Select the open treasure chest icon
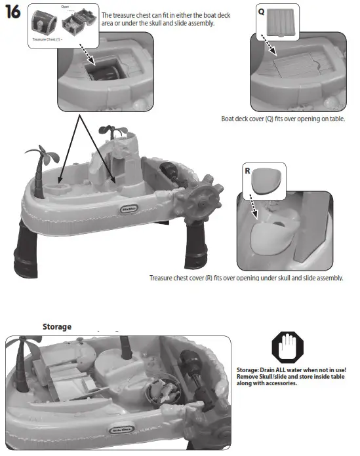[x=77, y=25]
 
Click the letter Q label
[x=261, y=11]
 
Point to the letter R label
[x=247, y=170]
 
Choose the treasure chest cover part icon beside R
[x=269, y=179]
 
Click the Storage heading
[x=56, y=326]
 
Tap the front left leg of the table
[x=26, y=249]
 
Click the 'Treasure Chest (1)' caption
[x=45, y=39]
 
